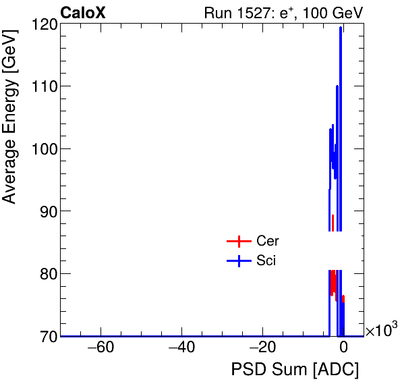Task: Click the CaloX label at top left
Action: point(83,13)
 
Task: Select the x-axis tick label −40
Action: point(181,348)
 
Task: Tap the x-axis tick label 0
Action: point(343,348)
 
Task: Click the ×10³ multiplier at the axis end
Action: point(381,331)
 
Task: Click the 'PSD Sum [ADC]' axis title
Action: point(295,370)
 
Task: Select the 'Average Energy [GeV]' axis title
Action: point(9,129)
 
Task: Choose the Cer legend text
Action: point(267,241)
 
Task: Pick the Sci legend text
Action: point(266,261)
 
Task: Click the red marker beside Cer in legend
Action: point(238,241)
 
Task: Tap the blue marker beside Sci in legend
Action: point(238,261)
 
